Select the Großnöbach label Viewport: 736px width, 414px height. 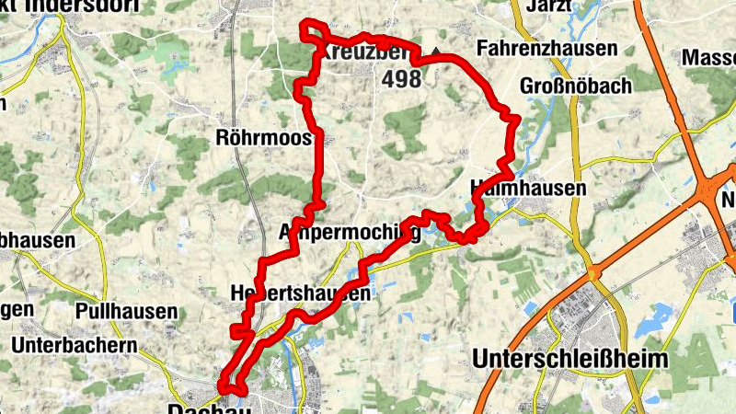click(576, 86)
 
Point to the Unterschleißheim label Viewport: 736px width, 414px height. click(569, 358)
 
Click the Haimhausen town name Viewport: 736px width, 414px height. click(527, 187)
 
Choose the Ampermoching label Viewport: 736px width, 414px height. click(350, 231)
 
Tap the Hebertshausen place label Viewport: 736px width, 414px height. click(300, 293)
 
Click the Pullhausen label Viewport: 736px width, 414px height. click(127, 311)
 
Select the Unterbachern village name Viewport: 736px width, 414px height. click(75, 345)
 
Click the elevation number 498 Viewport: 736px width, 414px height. click(401, 79)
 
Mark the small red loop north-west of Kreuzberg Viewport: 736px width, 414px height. click(314, 29)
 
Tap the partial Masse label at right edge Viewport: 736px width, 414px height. click(708, 57)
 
